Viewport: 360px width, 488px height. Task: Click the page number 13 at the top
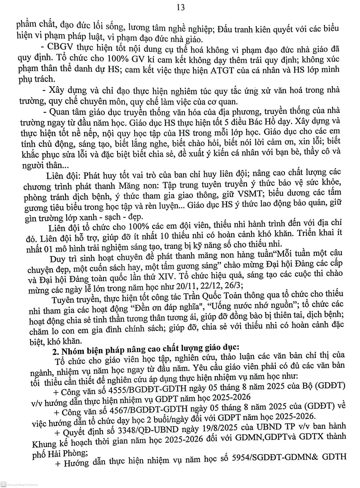(x=181, y=7)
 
